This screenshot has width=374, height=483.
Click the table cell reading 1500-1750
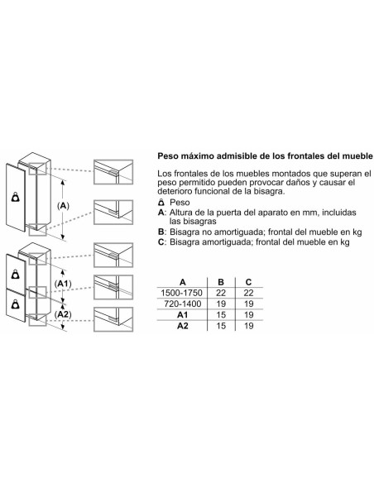point(182,293)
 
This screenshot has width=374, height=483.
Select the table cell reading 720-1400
point(182,304)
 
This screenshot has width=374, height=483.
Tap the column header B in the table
point(221,282)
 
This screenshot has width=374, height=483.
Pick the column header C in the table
point(248,282)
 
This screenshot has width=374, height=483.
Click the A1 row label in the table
point(182,315)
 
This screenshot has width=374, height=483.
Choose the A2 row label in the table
point(182,326)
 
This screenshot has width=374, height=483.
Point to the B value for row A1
point(221,315)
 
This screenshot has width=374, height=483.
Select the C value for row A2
point(248,326)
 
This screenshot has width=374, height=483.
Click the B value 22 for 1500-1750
point(221,293)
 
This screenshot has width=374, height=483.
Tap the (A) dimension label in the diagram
point(63,206)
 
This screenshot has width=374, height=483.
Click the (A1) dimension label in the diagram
point(63,284)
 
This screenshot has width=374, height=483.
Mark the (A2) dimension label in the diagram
point(63,314)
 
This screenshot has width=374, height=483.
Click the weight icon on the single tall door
point(16,197)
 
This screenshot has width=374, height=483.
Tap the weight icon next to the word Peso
point(161,203)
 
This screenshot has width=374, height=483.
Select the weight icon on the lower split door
point(16,304)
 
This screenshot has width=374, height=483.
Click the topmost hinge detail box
point(113,172)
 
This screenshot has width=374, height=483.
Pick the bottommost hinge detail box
point(113,319)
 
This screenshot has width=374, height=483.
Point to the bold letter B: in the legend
point(162,232)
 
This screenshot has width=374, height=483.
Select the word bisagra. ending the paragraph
point(269,191)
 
